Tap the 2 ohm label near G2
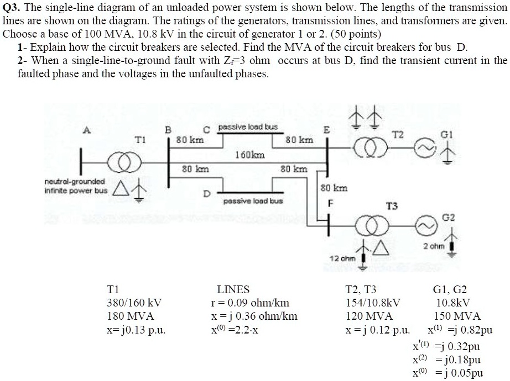coord(432,246)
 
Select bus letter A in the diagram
coord(86,130)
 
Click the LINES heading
coord(233,289)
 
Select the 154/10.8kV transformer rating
coord(373,303)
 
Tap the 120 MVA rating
coord(368,316)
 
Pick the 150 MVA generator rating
coord(457,316)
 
